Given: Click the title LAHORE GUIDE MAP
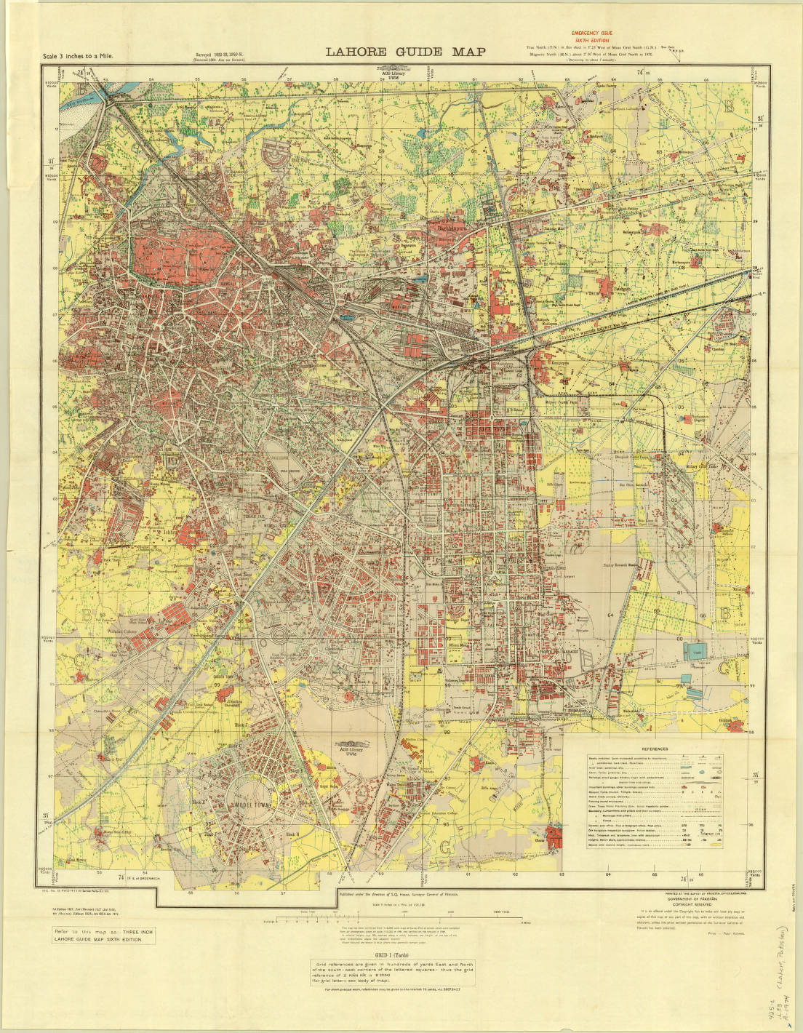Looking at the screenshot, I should coord(404,52).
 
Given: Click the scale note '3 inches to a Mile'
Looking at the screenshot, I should coord(79,56).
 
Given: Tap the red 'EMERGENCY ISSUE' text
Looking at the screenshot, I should coord(591,33).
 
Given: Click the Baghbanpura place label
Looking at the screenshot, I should coord(460,228).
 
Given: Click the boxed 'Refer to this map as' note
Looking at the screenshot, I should coord(103,936).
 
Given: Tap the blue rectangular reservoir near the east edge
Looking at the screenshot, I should coord(695,652).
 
